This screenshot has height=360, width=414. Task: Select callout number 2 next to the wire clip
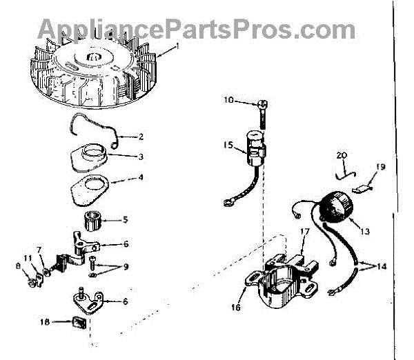pos(141,136)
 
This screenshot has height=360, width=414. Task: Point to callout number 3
pos(141,157)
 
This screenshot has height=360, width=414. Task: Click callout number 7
pos(40,249)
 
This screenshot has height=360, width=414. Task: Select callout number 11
pos(27,257)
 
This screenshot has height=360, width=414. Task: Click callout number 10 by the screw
pos(229,101)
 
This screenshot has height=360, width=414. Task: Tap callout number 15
pos(229,145)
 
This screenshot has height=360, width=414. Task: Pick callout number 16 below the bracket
pos(235,308)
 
